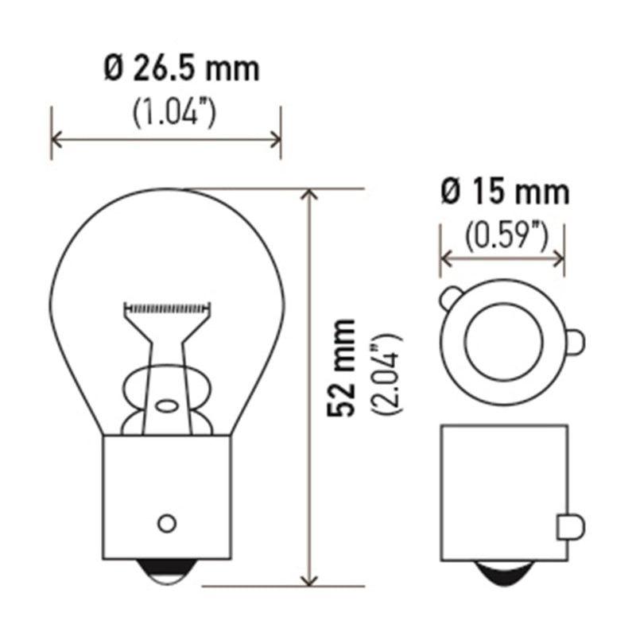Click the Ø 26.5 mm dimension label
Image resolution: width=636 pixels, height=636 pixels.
182,71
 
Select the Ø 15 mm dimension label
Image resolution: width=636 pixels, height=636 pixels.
505,192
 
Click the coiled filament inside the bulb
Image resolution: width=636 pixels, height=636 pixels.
168,306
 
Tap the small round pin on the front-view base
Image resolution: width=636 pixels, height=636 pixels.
166,522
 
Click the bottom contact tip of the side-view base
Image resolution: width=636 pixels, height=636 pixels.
504,571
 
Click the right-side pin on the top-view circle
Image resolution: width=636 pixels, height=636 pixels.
574,340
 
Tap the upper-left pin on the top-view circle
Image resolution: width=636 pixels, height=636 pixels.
449,301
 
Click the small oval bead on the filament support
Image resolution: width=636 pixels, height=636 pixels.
167,405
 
